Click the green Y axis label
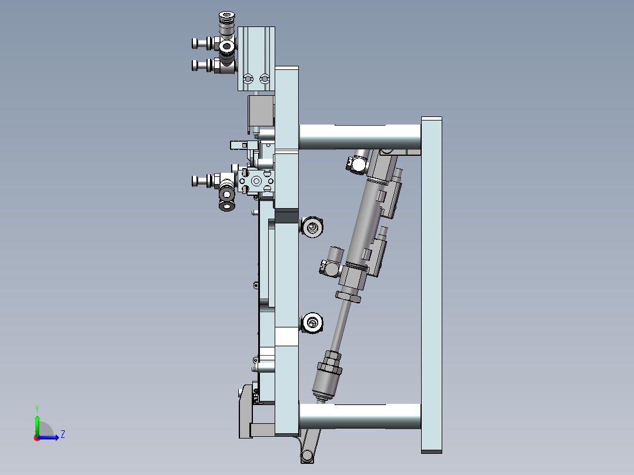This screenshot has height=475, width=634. click(x=37, y=409)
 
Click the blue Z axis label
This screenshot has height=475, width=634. click(x=63, y=434)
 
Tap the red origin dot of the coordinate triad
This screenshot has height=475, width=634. click(x=37, y=438)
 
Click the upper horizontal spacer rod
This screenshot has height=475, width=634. click(x=360, y=137)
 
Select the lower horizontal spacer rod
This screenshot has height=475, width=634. click(x=360, y=416)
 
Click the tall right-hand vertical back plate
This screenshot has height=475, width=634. click(x=432, y=285)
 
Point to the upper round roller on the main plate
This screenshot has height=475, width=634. click(x=312, y=227)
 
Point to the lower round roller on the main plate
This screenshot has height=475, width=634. click(x=312, y=323)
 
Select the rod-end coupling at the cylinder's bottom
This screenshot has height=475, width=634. click(x=327, y=376)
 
